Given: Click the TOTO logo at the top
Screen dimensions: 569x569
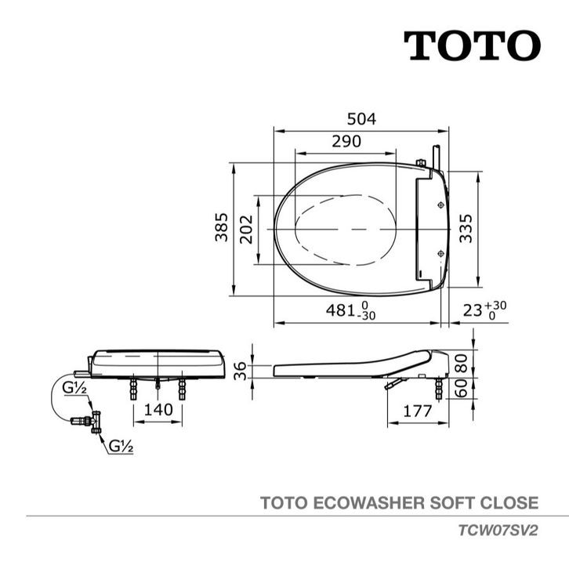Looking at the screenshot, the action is pyautogui.click(x=472, y=45).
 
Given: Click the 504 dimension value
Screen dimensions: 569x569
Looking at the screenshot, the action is pyautogui.click(x=361, y=119).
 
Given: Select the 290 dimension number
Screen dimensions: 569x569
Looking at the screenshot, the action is pyautogui.click(x=346, y=141).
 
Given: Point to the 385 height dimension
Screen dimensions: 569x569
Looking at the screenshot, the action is pyautogui.click(x=221, y=227).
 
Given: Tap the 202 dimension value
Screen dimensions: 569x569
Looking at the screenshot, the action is pyautogui.click(x=246, y=230).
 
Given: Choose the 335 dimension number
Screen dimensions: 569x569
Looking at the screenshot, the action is pyautogui.click(x=466, y=229).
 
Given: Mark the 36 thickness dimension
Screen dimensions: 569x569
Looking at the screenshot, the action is pyautogui.click(x=240, y=371).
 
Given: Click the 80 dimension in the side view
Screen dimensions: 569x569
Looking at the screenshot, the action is pyautogui.click(x=461, y=364).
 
